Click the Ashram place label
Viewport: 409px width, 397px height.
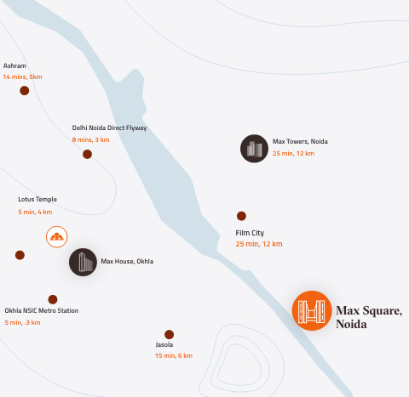pyautogui.click(x=14, y=65)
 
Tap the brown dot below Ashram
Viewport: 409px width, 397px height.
pyautogui.click(x=25, y=91)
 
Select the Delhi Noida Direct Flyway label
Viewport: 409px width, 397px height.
pyautogui.click(x=109, y=128)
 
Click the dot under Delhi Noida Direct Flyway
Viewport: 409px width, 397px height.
pyautogui.click(x=87, y=154)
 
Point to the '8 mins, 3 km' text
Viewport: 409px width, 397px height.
pyautogui.click(x=90, y=139)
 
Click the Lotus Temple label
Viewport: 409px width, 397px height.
pyautogui.click(x=37, y=200)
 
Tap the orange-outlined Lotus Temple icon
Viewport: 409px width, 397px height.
pyautogui.click(x=56, y=237)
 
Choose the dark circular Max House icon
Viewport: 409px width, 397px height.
pyautogui.click(x=83, y=262)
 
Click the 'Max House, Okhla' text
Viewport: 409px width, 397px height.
pyautogui.click(x=127, y=261)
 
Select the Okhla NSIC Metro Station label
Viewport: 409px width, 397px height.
pyautogui.click(x=42, y=310)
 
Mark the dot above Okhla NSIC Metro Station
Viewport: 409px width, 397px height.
pyautogui.click(x=53, y=299)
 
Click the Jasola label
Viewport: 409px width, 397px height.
pyautogui.click(x=164, y=344)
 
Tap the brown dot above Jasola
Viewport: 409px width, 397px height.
pyautogui.click(x=169, y=334)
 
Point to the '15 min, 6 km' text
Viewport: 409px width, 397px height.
pyautogui.click(x=174, y=355)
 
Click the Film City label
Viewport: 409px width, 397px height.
pyautogui.click(x=250, y=232)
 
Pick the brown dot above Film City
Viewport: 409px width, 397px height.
pyautogui.click(x=241, y=216)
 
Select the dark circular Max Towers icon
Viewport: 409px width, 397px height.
pyautogui.click(x=254, y=149)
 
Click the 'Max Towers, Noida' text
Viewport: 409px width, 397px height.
pyautogui.click(x=300, y=141)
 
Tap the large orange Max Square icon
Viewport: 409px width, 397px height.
pyautogui.click(x=311, y=309)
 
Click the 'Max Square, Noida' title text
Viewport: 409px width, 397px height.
pyautogui.click(x=368, y=316)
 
